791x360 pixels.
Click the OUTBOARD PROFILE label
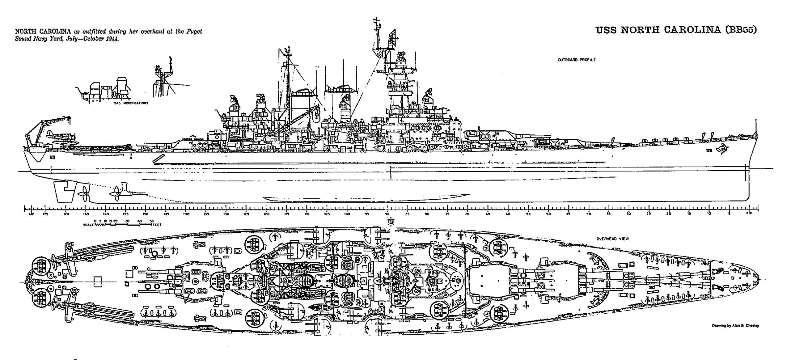(576, 60)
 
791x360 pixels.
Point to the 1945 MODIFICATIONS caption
(131, 103)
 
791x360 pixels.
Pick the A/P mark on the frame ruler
(30, 214)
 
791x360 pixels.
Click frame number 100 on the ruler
(347, 214)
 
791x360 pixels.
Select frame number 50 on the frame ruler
(548, 214)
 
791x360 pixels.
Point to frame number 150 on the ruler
(145, 214)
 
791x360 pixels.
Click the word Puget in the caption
(194, 32)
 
